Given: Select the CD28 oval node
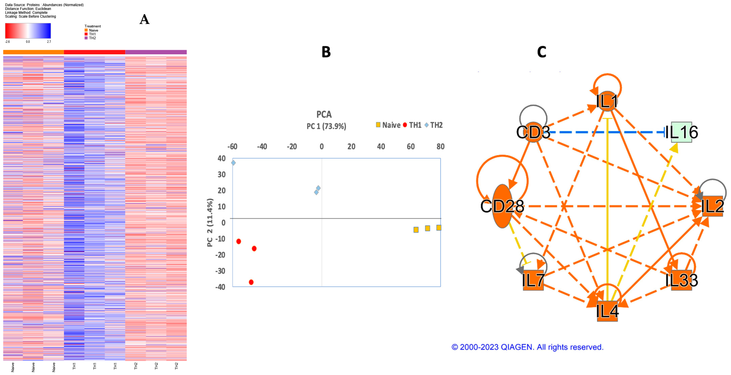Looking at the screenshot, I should point(502,206).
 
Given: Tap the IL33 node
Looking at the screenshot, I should point(681,280).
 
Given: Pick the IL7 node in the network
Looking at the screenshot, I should point(533,280).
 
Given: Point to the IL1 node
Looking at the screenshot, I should point(607,101).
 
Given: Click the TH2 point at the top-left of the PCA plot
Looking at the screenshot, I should point(233,163).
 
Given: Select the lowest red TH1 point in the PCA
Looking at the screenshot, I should point(251,282).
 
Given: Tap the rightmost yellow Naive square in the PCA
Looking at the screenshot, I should point(439,228).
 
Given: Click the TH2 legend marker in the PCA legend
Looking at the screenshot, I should point(427,125).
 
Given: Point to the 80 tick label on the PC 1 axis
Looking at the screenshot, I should point(440,147).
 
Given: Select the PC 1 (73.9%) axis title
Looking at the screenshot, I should point(326,126).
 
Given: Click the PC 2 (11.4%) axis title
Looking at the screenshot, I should point(210,223).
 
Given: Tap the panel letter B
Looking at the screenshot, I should point(326,52).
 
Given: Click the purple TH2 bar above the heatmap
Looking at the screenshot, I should point(156,52).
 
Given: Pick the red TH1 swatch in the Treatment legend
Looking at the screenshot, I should point(86,34).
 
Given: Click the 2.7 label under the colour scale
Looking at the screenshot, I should point(49,42).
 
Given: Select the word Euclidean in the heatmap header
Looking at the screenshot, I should point(43,9).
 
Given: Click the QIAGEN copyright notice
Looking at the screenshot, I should point(527,347).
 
